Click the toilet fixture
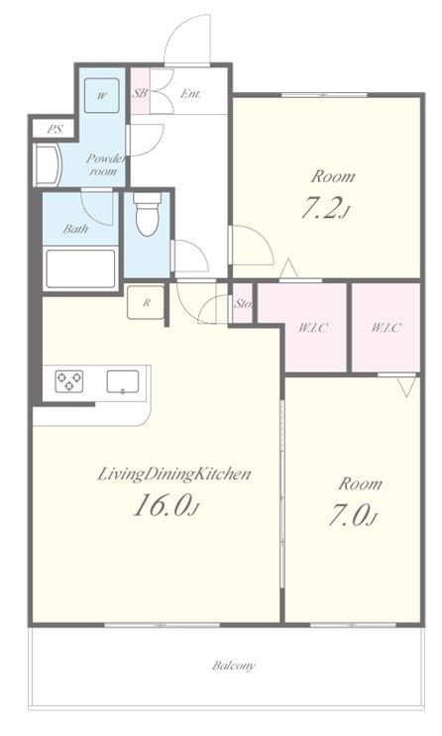[x=147, y=214]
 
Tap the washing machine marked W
[x=101, y=96]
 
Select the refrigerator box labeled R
[x=146, y=303]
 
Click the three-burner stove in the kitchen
[x=69, y=381]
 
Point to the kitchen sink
[x=123, y=381]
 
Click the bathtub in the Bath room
[x=80, y=268]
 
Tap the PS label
[x=55, y=129]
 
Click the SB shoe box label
[x=140, y=93]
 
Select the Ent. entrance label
[x=190, y=94]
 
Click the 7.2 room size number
[x=323, y=209]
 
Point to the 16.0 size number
[x=164, y=505]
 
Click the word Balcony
[x=234, y=666]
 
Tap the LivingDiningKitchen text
[x=173, y=474]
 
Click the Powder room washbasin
[x=48, y=165]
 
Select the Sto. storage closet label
[x=243, y=304]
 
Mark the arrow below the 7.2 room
[x=289, y=269]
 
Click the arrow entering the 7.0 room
[x=406, y=387]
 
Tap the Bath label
[x=75, y=229]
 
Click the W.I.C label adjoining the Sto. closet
[x=312, y=327]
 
